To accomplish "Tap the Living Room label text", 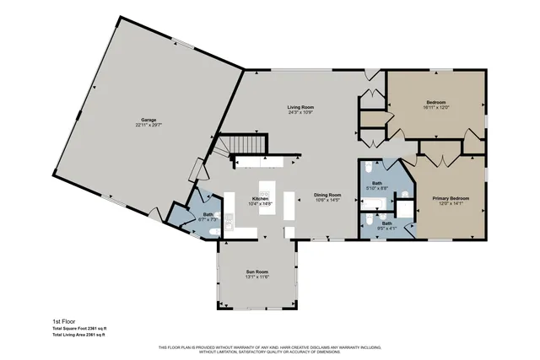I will click(300, 107).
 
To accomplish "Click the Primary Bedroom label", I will click(451, 198).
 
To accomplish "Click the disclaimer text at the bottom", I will click(269, 349).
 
